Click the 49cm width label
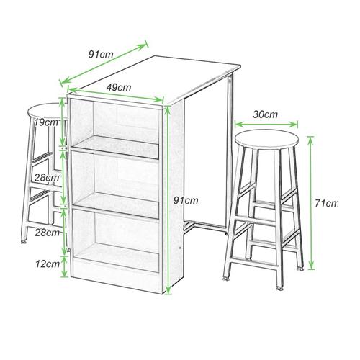119,88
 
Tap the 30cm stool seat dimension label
265,114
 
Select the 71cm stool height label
326,204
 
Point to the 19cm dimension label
46,122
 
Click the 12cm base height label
48,264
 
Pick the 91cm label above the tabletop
101,54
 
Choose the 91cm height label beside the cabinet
186,200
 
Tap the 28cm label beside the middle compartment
47,178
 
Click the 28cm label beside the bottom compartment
47,233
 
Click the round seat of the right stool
266,140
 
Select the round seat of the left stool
45,112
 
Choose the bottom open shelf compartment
116,240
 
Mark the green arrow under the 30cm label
266,125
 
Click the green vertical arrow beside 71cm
311,203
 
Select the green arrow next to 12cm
64,266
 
